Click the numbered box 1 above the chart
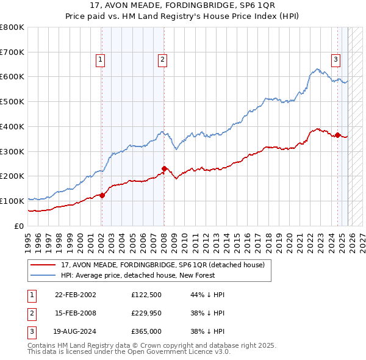[x=100, y=59]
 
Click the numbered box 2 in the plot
[x=163, y=59]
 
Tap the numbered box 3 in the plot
[x=336, y=59]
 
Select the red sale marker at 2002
[x=102, y=195]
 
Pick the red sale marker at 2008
[x=164, y=168]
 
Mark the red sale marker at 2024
[x=337, y=134]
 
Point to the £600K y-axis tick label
[x=12, y=77]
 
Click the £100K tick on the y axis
[x=12, y=201]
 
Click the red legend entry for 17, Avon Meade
[x=162, y=265]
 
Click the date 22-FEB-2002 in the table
[x=75, y=295]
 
